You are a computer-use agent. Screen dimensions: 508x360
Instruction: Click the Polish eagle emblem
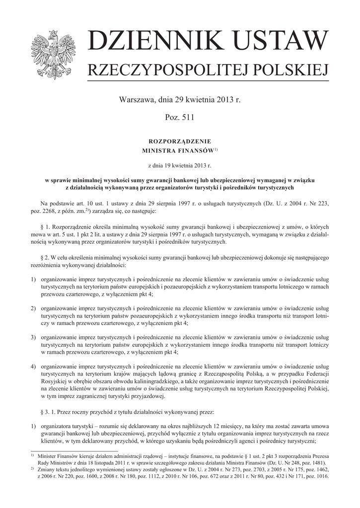click(x=52, y=54)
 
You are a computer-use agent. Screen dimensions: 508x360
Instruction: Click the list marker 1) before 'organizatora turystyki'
click(x=33, y=426)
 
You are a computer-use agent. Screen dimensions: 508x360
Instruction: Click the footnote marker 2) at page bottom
click(x=32, y=468)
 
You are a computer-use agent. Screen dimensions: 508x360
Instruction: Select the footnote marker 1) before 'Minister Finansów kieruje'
click(x=32, y=455)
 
